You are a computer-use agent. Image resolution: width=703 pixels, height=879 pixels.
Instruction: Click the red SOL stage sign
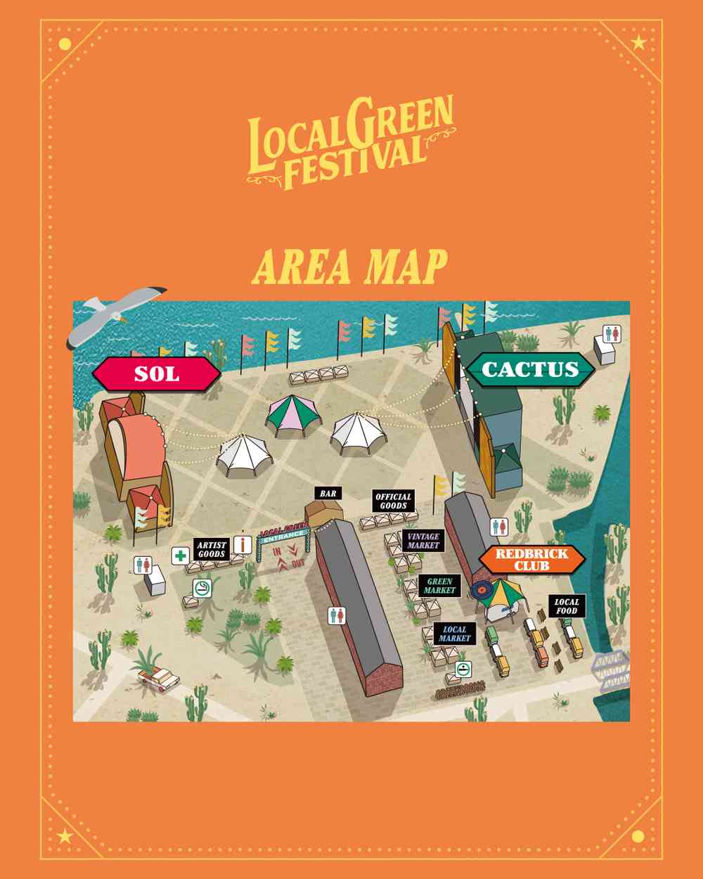pos(157,373)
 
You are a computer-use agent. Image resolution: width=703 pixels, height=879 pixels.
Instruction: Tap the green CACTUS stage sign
pos(530,369)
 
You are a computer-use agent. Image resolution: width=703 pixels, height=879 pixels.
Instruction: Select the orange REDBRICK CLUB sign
pos(532,559)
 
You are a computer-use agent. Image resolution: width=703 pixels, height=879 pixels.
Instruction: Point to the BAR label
pos(328,494)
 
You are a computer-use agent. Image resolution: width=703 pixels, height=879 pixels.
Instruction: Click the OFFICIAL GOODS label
pos(393,501)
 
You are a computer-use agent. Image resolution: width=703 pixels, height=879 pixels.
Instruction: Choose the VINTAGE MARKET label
pos(423,540)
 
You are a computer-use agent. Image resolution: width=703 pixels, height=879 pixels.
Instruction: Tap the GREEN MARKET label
pos(439,586)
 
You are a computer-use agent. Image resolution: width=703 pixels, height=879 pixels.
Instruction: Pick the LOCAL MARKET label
pos(453,634)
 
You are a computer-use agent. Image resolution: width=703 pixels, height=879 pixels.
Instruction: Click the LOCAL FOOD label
pos(567,606)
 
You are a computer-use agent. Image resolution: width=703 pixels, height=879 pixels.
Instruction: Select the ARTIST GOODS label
pos(212,549)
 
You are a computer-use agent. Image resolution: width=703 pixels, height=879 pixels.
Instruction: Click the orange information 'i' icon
pos(244,544)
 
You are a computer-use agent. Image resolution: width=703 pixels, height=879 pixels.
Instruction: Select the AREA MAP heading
pos(350,267)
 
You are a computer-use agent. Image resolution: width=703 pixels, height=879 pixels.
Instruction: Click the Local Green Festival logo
pos(350,143)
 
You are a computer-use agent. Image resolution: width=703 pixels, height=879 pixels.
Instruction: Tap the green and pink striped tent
pos(292,416)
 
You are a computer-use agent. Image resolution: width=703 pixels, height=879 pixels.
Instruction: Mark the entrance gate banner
pos(284,534)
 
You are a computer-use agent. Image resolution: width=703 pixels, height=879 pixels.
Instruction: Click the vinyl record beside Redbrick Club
pos(480,589)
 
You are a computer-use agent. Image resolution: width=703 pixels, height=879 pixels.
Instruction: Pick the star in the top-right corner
pos(638,44)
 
